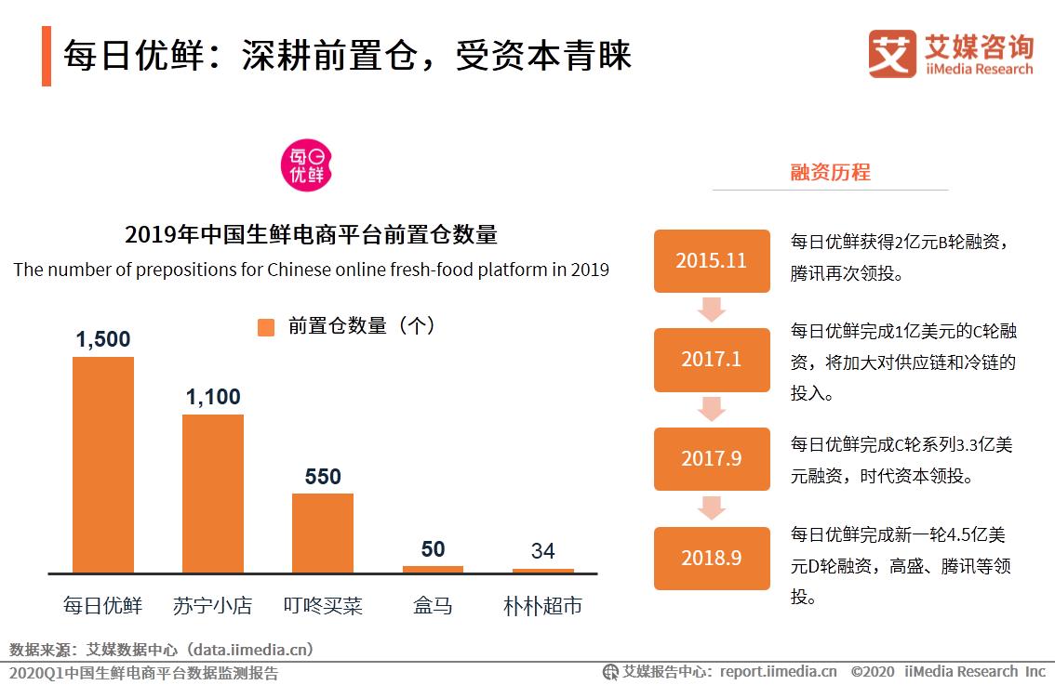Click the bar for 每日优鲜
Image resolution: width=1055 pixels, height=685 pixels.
pyautogui.click(x=103, y=465)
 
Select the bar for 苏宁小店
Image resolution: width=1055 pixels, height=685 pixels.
pyautogui.click(x=212, y=494)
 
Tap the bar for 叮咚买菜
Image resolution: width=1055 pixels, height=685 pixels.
pyautogui.click(x=322, y=533)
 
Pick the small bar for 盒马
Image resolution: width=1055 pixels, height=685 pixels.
pyautogui.click(x=433, y=569)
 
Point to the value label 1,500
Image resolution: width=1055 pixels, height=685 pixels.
pyautogui.click(x=103, y=339)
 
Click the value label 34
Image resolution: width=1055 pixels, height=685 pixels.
pyautogui.click(x=542, y=550)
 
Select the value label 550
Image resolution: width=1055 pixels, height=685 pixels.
pyautogui.click(x=323, y=477)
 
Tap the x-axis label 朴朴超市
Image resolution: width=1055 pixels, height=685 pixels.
pyautogui.click(x=542, y=606)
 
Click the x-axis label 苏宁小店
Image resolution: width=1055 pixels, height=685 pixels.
pyautogui.click(x=212, y=606)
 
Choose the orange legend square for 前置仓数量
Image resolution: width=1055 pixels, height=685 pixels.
pyautogui.click(x=266, y=327)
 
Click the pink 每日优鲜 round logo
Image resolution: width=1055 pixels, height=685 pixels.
pyautogui.click(x=307, y=164)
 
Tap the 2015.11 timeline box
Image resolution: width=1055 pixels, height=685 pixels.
pyautogui.click(x=712, y=260)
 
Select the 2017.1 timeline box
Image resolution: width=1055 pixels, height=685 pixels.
pyautogui.click(x=712, y=359)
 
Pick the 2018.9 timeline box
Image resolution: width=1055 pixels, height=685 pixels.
pyautogui.click(x=712, y=558)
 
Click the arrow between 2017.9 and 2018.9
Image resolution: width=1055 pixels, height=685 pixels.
pyautogui.click(x=712, y=507)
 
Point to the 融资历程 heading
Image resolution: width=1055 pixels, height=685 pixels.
pyautogui.click(x=830, y=172)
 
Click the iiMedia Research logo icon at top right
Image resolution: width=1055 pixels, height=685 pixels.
pyautogui.click(x=891, y=53)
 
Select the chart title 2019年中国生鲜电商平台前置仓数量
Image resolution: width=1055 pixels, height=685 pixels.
pyautogui.click(x=311, y=234)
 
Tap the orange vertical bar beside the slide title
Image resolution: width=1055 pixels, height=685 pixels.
pyautogui.click(x=47, y=57)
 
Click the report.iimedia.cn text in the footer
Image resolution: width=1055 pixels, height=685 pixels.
pyautogui.click(x=778, y=671)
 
